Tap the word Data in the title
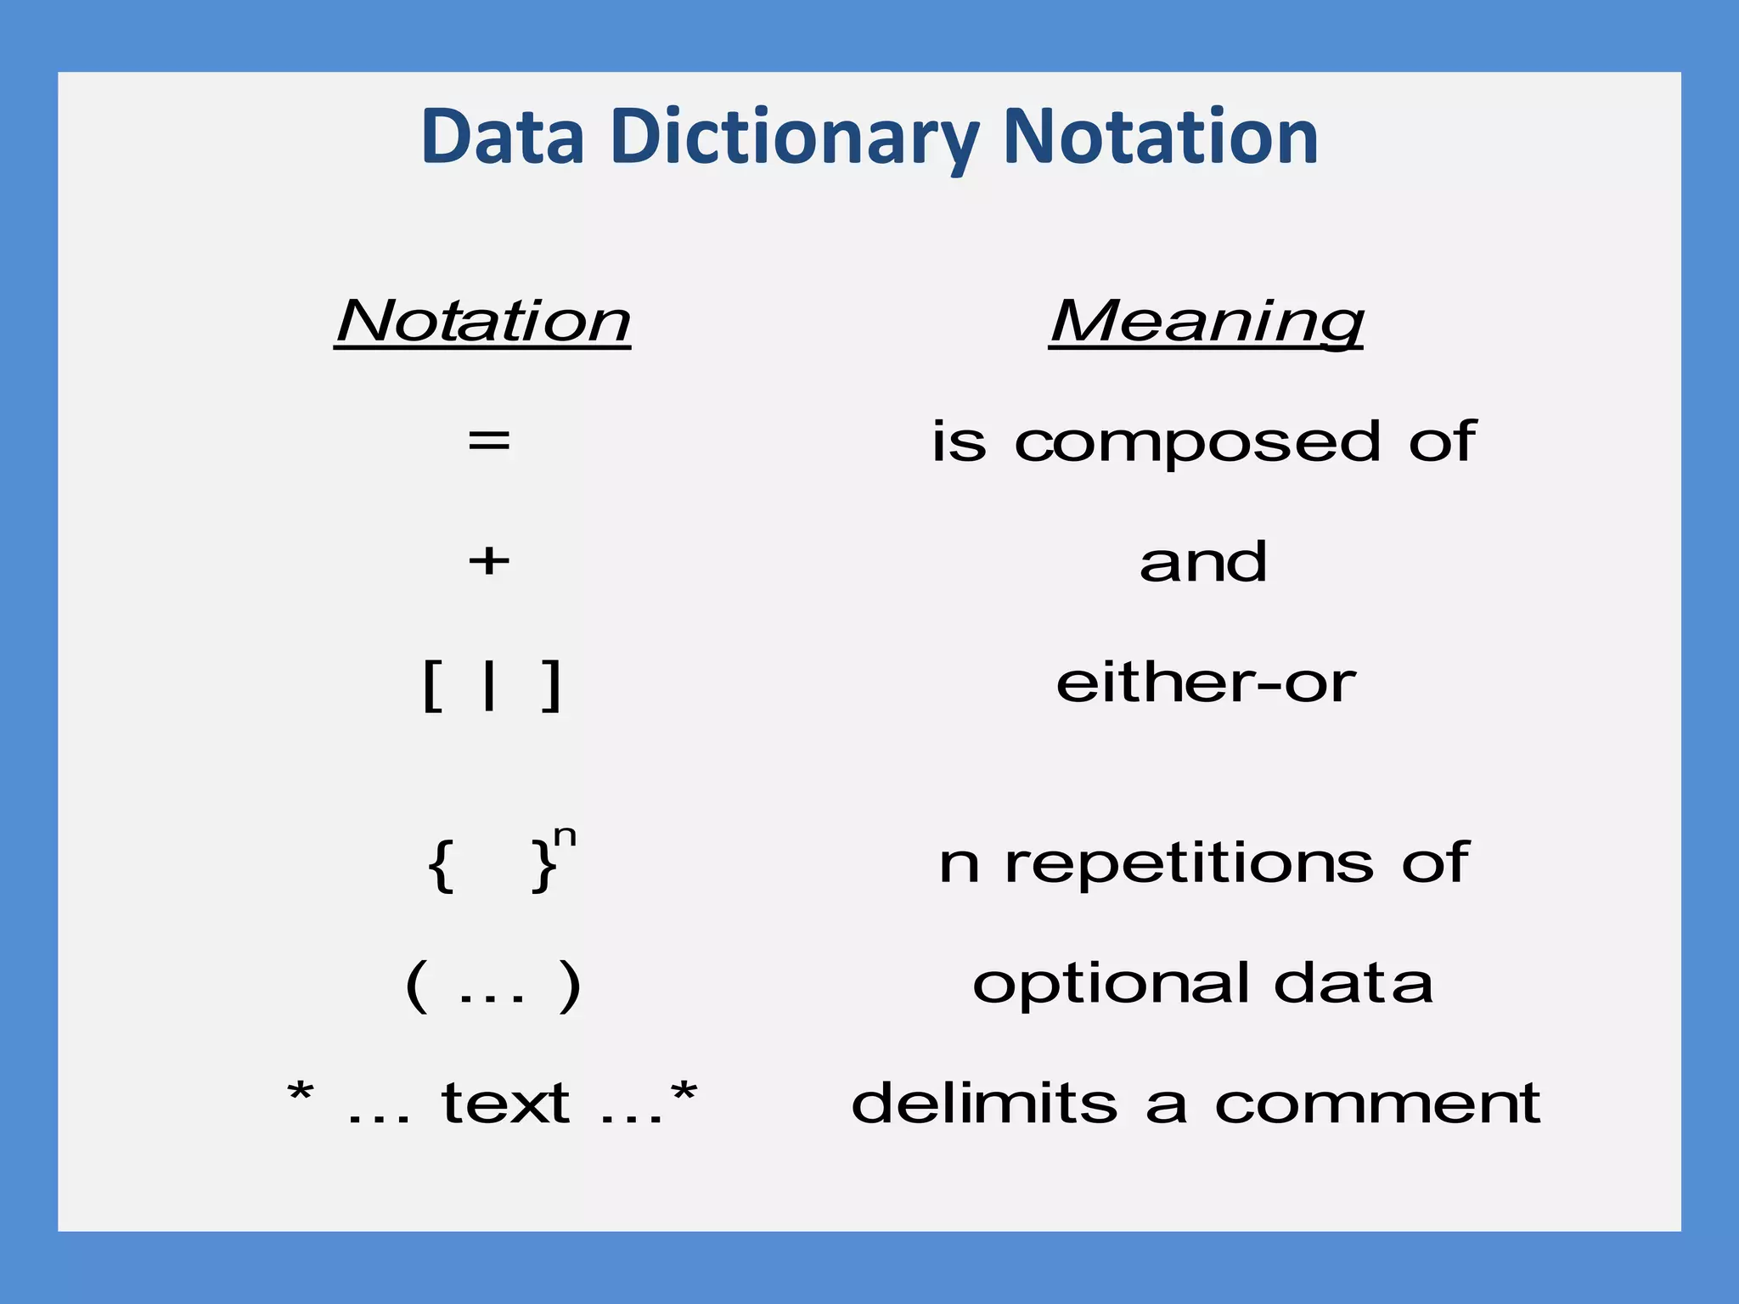click(x=503, y=138)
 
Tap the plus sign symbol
click(x=489, y=561)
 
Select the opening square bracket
click(x=431, y=686)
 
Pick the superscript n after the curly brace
click(x=565, y=837)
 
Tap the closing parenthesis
click(x=569, y=986)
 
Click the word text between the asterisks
click(x=505, y=1104)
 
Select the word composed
click(x=1197, y=443)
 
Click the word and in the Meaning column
click(x=1203, y=562)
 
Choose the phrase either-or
click(x=1206, y=683)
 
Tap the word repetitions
click(x=1189, y=864)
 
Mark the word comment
click(x=1377, y=1104)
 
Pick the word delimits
click(x=984, y=1104)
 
